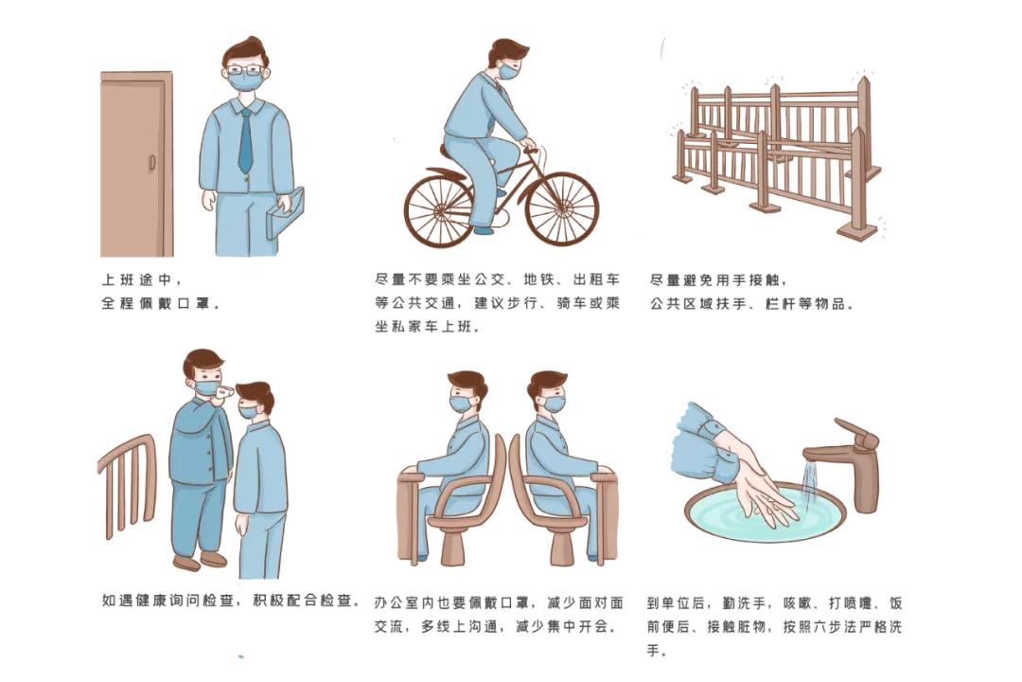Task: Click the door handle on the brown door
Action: tap(151, 164)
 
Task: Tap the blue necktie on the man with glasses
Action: tap(246, 140)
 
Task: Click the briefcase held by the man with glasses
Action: tap(285, 213)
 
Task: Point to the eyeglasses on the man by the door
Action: tap(245, 70)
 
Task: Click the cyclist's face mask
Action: tap(509, 70)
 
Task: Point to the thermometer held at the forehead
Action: tap(224, 391)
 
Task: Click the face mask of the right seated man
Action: tap(555, 404)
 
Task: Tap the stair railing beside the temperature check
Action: tap(128, 486)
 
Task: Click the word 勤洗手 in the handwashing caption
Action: tap(747, 602)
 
